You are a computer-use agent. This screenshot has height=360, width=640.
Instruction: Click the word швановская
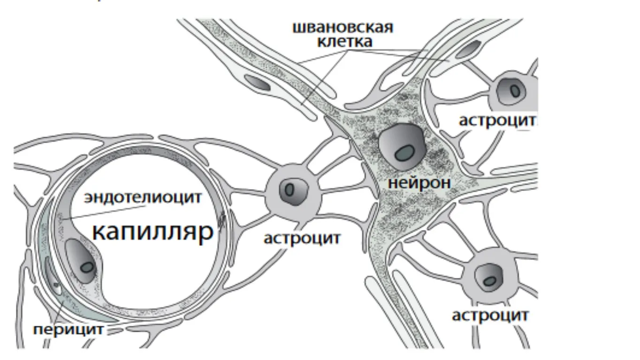point(343,27)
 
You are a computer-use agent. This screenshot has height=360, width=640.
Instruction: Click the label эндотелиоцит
point(143,197)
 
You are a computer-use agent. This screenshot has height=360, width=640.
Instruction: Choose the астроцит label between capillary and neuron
point(302,238)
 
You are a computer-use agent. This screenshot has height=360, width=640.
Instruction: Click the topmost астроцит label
point(497,121)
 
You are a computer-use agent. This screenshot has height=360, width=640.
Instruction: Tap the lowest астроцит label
point(490,315)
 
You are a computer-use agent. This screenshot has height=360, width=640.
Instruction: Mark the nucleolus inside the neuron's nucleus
point(404,152)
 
